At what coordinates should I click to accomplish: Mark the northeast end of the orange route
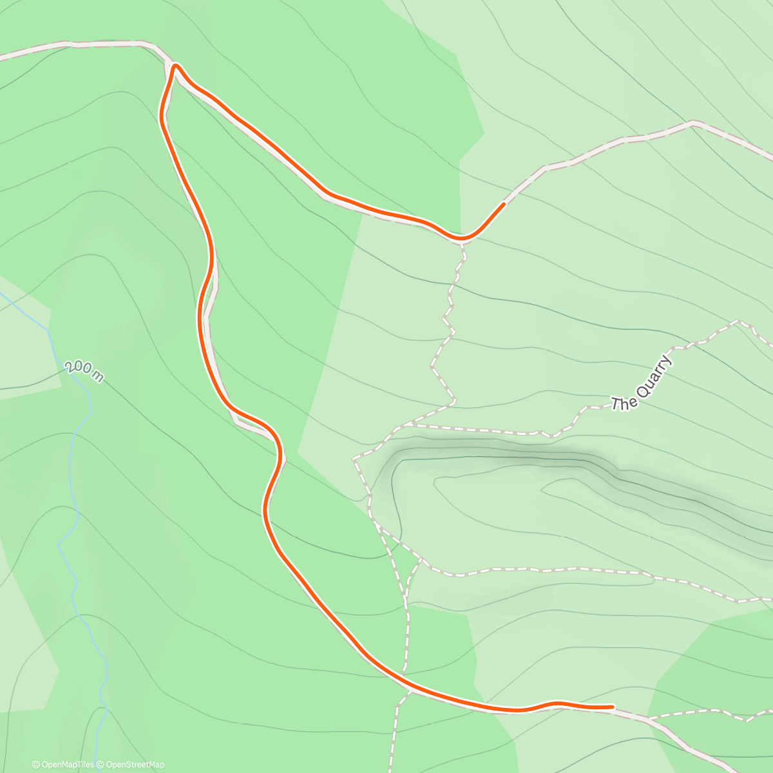(503, 204)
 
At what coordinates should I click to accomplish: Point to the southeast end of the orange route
(612, 707)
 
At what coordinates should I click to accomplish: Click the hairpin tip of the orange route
(174, 65)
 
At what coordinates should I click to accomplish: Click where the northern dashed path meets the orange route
(462, 240)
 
